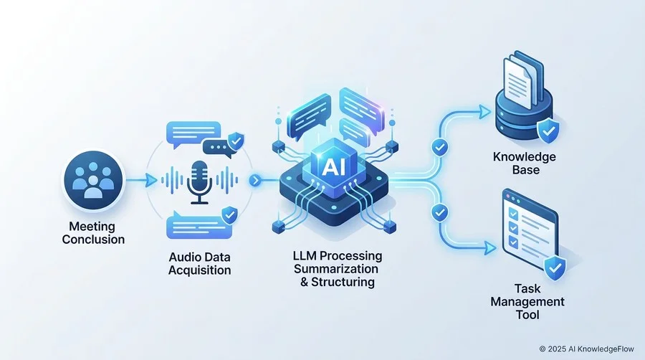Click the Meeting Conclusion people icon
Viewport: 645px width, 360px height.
(x=93, y=181)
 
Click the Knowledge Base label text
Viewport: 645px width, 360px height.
(x=524, y=163)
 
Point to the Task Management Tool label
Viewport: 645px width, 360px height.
(x=527, y=302)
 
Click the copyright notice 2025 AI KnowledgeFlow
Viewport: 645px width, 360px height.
(x=586, y=349)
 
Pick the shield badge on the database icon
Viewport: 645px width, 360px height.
(x=548, y=130)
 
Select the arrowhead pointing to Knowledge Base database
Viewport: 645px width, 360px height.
(x=485, y=111)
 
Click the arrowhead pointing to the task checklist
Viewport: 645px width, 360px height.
(x=490, y=248)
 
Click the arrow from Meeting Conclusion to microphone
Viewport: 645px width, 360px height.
(x=141, y=180)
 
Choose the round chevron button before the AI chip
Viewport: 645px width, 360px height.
(x=255, y=180)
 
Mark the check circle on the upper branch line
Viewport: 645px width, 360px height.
(x=440, y=147)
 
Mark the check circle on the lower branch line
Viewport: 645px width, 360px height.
(x=440, y=212)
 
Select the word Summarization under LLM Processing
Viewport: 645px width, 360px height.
(x=336, y=269)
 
